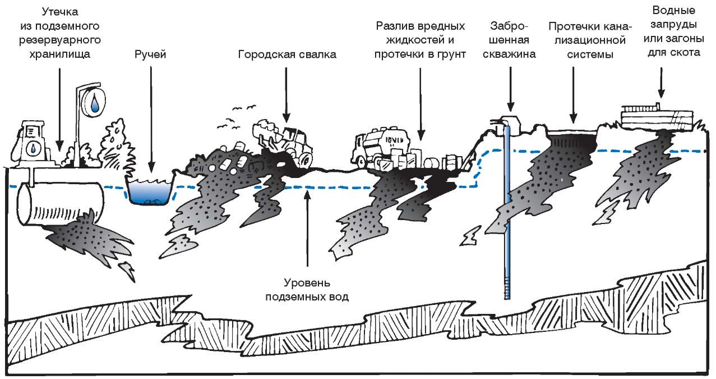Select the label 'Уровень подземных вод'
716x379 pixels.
click(308, 289)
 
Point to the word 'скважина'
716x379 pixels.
click(511, 54)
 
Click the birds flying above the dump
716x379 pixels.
click(238, 112)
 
